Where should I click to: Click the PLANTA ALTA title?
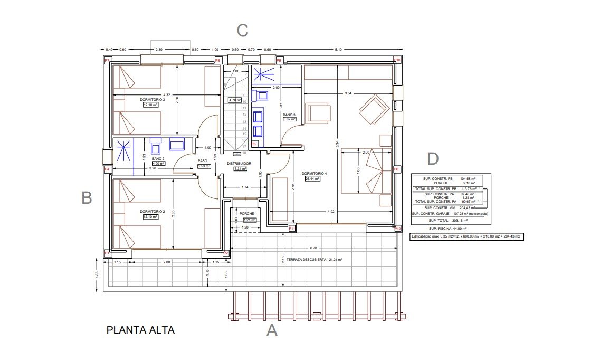(x=140, y=330)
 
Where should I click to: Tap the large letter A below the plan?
(x=272, y=331)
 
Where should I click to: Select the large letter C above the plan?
(x=242, y=31)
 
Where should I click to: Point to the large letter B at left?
(x=87, y=198)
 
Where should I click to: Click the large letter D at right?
(x=432, y=159)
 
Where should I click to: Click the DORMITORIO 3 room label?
(x=153, y=99)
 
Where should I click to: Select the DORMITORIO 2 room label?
(x=153, y=212)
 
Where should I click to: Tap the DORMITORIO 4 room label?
(x=315, y=174)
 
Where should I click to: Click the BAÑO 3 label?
(x=289, y=115)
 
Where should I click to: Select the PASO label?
(x=203, y=161)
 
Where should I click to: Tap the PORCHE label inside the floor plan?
(x=246, y=214)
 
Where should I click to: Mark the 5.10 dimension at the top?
(x=338, y=50)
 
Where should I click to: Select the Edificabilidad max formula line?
(x=466, y=237)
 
